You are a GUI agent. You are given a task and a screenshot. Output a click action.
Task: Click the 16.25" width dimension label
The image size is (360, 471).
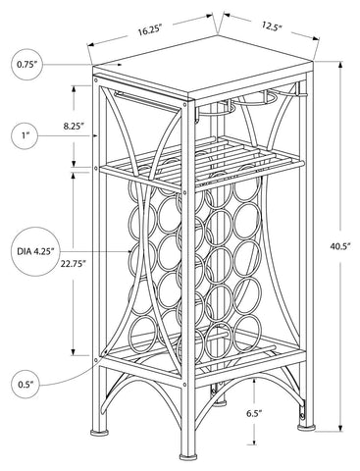click(x=150, y=30)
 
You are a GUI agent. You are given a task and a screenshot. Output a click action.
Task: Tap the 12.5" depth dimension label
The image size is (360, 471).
click(x=272, y=26)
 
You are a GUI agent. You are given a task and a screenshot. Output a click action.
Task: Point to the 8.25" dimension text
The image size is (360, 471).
click(x=75, y=126)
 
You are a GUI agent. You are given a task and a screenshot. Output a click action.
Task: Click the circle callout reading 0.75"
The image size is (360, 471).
click(x=27, y=65)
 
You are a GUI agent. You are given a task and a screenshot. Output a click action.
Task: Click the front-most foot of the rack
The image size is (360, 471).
click(x=187, y=455)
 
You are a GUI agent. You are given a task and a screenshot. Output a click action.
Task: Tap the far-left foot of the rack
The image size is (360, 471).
click(x=100, y=432)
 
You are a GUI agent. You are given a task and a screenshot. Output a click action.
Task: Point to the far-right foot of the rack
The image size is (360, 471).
click(x=306, y=426)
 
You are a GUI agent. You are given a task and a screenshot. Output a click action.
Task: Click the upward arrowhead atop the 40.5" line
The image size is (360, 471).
click(x=340, y=66)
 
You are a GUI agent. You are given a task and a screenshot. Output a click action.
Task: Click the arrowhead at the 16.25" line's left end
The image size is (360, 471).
click(x=90, y=44)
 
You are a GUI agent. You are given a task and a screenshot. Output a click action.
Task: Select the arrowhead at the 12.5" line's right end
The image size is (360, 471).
click(x=316, y=38)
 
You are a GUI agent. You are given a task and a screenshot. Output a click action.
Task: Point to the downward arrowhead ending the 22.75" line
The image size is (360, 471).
click(x=75, y=351)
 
